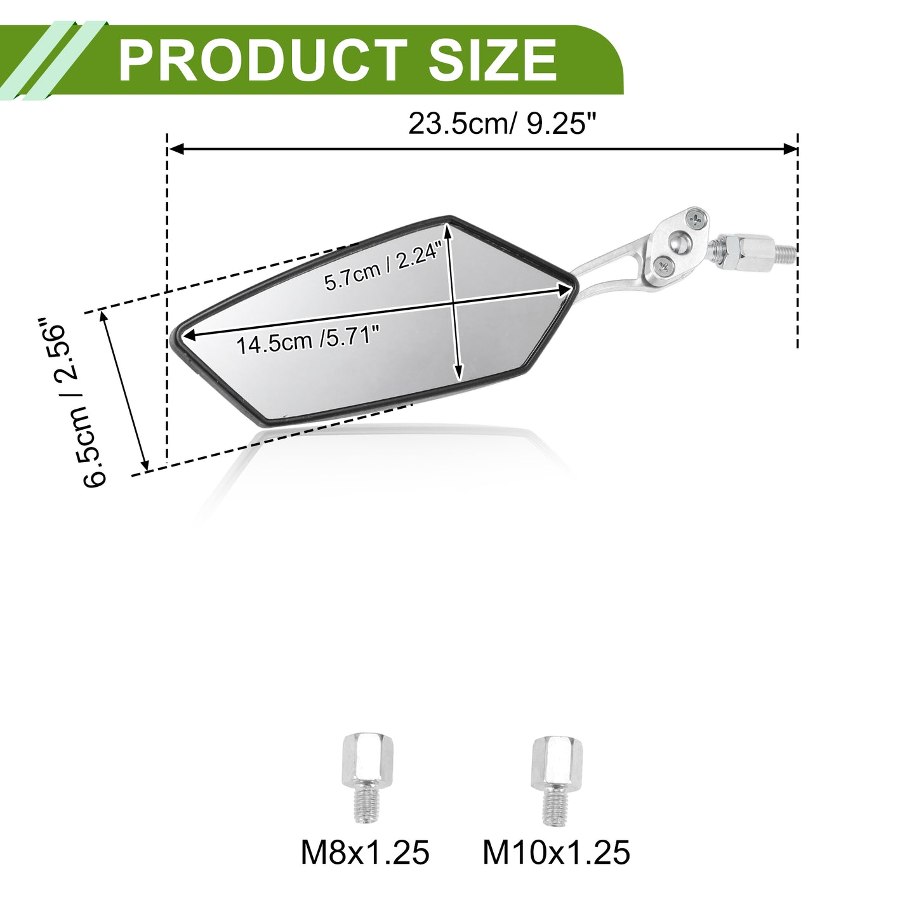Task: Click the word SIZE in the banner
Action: pyautogui.click(x=493, y=60)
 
